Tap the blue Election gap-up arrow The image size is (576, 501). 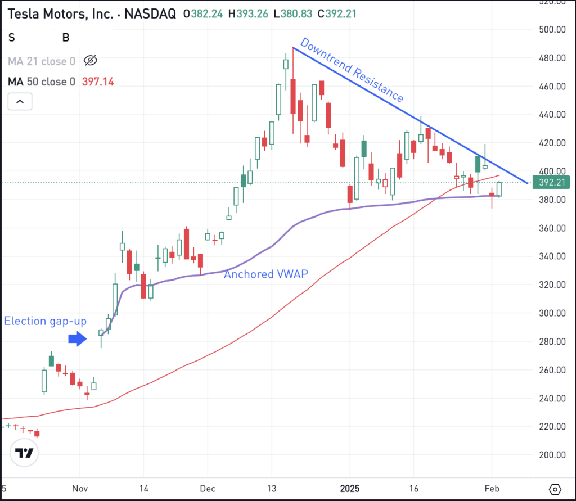click(x=77, y=338)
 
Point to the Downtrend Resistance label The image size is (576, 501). click(x=352, y=70)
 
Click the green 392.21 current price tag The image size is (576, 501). click(x=555, y=182)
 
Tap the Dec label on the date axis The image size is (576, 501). click(x=208, y=489)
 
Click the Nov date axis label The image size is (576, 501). click(x=80, y=489)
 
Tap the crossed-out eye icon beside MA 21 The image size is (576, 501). click(x=90, y=61)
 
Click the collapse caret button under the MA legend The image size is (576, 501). click(x=20, y=102)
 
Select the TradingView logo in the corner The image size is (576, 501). click(x=24, y=453)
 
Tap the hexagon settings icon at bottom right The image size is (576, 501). click(x=555, y=489)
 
